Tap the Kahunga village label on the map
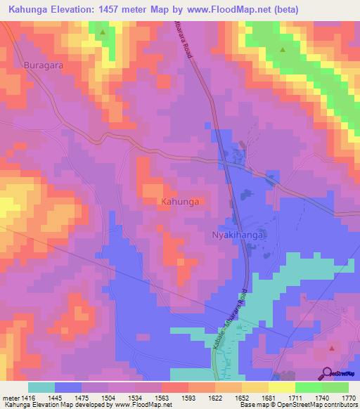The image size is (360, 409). (180, 202)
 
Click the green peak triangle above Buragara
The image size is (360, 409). (103, 32)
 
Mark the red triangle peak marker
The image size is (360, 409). (332, 348)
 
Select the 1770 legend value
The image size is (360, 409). (347, 397)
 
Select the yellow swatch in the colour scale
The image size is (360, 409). (281, 387)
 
